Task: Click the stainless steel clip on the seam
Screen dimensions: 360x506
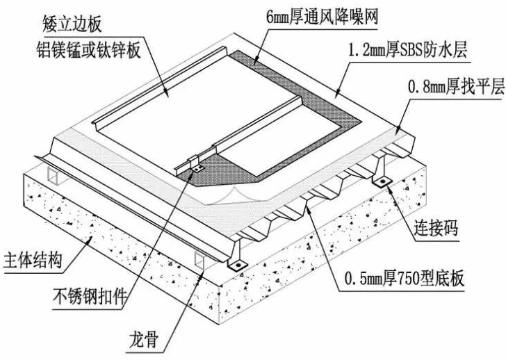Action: (197, 167)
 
